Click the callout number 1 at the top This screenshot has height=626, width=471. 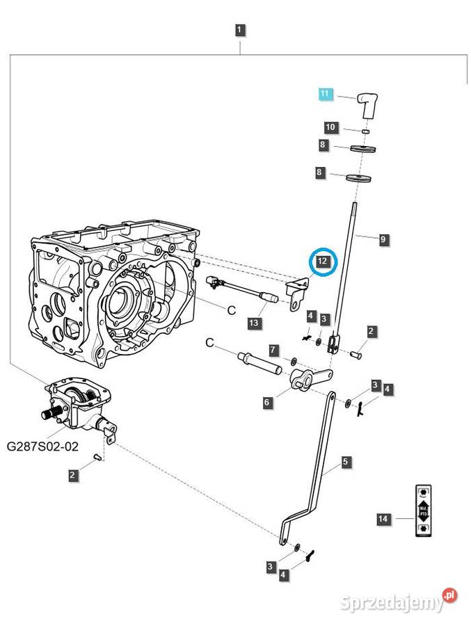(x=239, y=30)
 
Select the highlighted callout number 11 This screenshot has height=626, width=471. (x=327, y=94)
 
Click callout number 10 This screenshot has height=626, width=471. (x=331, y=127)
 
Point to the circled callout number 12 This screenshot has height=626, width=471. (x=322, y=262)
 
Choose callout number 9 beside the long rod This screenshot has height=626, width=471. (x=383, y=239)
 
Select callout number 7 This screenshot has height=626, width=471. (x=273, y=349)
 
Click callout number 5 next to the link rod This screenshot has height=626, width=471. (x=346, y=461)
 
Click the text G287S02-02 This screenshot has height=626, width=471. (x=41, y=447)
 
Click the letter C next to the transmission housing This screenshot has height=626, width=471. (x=232, y=311)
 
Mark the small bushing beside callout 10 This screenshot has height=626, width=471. (x=365, y=130)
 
